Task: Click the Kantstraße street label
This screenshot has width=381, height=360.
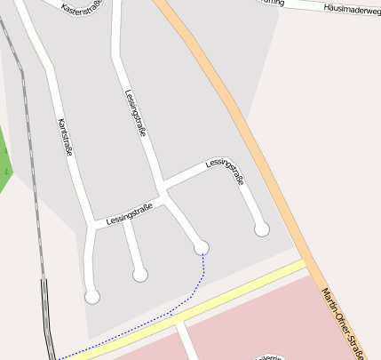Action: [x=64, y=137]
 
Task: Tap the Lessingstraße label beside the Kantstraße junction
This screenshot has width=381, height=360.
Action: [x=129, y=213]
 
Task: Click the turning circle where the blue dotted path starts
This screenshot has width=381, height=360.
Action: [x=202, y=247]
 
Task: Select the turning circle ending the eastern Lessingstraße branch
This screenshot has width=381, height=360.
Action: [x=261, y=229]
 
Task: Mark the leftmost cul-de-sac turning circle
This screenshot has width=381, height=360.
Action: [x=92, y=296]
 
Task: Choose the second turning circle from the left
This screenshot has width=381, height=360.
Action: [x=139, y=275]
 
